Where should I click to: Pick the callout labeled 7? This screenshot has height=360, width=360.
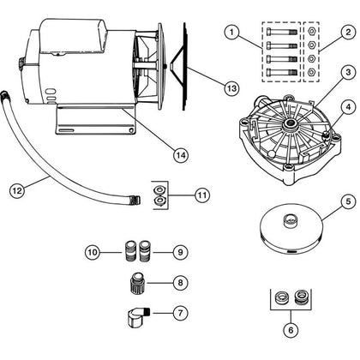pyautogui.click(x=179, y=313)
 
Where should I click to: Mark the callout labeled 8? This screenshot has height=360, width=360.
pyautogui.click(x=179, y=281)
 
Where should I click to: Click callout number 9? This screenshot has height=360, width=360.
pyautogui.click(x=179, y=252)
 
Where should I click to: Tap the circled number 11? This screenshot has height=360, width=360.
pyautogui.click(x=201, y=195)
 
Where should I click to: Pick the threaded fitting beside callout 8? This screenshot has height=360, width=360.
pyautogui.click(x=136, y=282)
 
